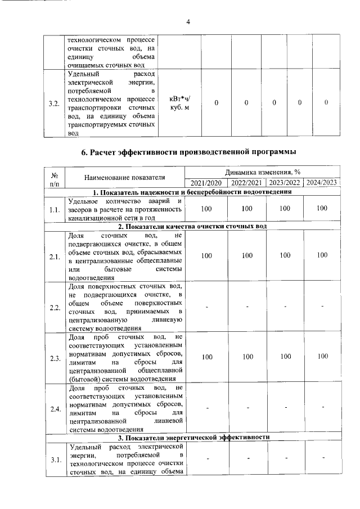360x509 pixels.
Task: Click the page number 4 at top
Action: click(x=188, y=21)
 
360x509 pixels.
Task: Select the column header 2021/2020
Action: click(x=206, y=182)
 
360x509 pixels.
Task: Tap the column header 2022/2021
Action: click(x=246, y=182)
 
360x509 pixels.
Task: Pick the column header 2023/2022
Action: click(x=285, y=182)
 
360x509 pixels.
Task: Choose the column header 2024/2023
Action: click(x=322, y=182)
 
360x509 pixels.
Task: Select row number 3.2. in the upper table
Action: click(x=54, y=103)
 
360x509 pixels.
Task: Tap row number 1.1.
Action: click(x=55, y=209)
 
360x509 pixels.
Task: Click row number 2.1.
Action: click(x=55, y=256)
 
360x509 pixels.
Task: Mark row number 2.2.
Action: click(x=55, y=307)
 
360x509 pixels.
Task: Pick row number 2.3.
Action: click(x=55, y=357)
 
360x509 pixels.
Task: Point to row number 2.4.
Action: click(x=55, y=409)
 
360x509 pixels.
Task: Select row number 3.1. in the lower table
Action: click(x=55, y=460)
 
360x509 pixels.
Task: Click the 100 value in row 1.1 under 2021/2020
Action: click(x=206, y=208)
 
